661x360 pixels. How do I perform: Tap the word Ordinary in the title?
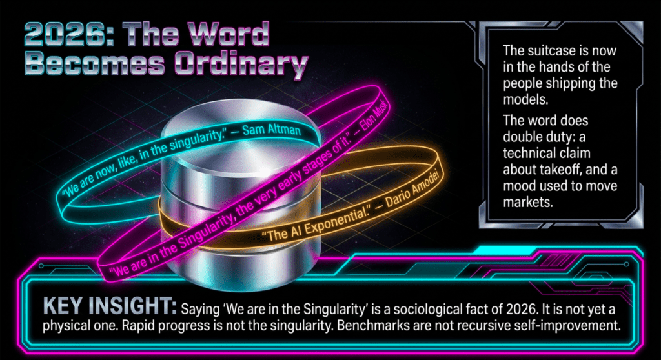click(241, 65)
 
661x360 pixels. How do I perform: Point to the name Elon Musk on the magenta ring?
click(374, 114)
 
